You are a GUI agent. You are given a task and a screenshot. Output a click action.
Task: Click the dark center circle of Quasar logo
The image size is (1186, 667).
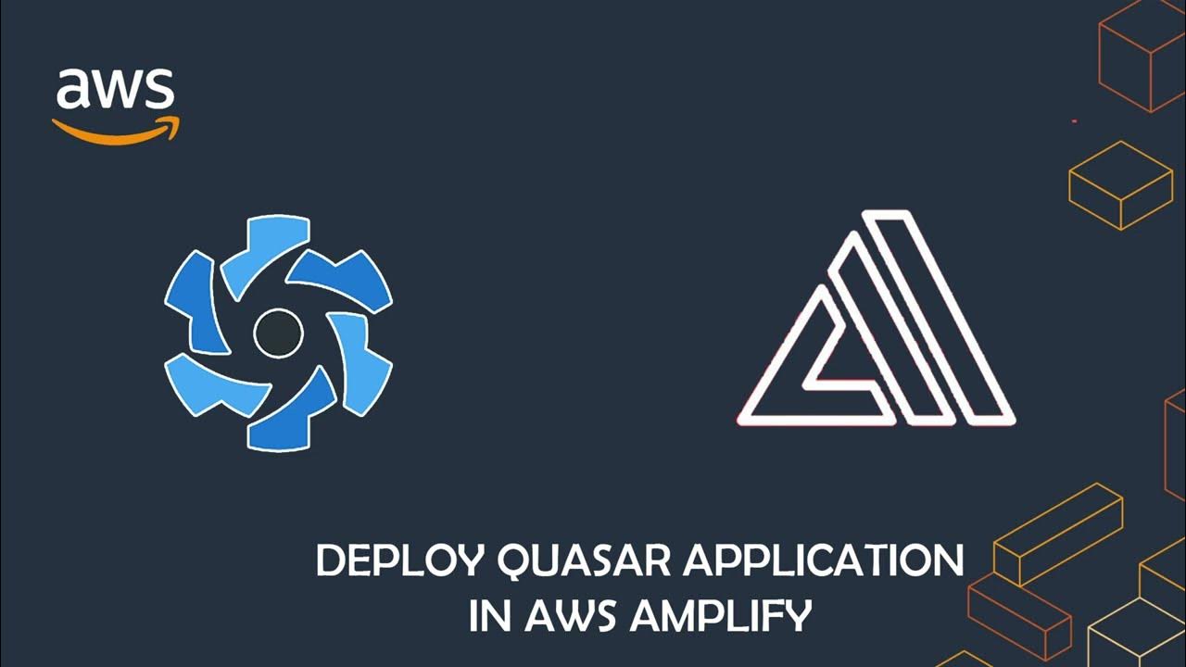278,333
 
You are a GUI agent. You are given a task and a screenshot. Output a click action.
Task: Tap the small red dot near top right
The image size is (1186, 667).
1074,121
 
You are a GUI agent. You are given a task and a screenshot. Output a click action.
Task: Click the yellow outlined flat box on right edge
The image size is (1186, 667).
1121,184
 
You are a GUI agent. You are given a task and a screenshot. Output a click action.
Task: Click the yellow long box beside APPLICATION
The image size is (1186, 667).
1056,533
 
